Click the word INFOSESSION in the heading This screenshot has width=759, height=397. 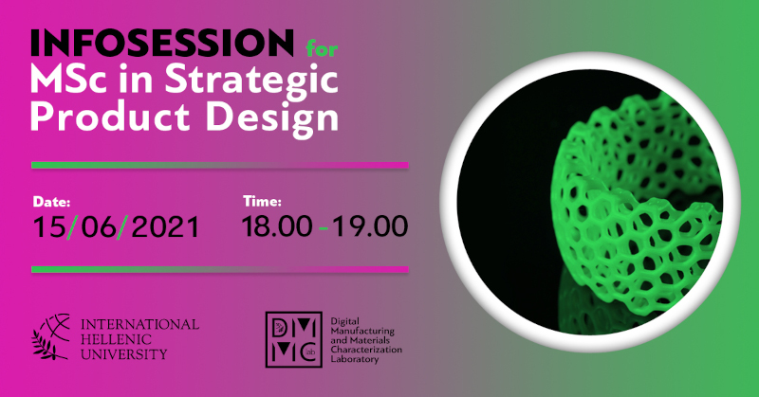pyautogui.click(x=162, y=43)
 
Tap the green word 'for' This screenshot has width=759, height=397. pyautogui.click(x=322, y=48)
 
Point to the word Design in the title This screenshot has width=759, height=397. pyautogui.click(x=272, y=119)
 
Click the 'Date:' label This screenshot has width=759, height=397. pyautogui.click(x=51, y=202)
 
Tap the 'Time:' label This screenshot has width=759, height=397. pyautogui.click(x=262, y=201)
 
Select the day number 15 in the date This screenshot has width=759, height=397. pyautogui.click(x=48, y=227)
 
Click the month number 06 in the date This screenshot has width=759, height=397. pyautogui.click(x=99, y=227)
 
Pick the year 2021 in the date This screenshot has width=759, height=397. pyautogui.click(x=165, y=227)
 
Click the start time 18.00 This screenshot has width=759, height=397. pyautogui.click(x=276, y=226)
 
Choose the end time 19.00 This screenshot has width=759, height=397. pyautogui.click(x=370, y=226)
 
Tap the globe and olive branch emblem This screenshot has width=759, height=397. pyautogui.click(x=51, y=337)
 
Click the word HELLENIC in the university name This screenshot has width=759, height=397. pyautogui.click(x=116, y=339)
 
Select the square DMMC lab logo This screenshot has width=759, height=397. pyautogui.click(x=294, y=339)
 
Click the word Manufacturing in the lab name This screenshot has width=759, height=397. pyautogui.click(x=362, y=332)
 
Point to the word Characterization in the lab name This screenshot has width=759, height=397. pyautogui.click(x=366, y=350)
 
